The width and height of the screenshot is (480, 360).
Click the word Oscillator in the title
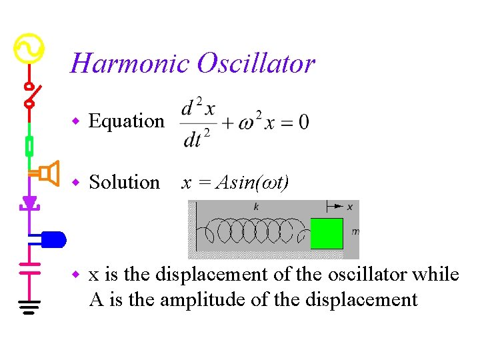(255, 64)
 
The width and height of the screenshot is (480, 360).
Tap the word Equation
(126, 121)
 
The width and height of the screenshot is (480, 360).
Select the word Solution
(125, 182)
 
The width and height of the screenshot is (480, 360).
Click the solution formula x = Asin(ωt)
(235, 182)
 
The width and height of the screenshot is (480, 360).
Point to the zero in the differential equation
(303, 123)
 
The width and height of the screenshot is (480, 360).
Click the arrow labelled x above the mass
(340, 207)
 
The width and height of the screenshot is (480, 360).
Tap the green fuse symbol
(29, 145)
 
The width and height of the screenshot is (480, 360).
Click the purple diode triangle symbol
(29, 202)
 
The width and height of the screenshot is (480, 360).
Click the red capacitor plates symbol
(29, 268)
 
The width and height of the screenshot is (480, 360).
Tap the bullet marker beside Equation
(76, 121)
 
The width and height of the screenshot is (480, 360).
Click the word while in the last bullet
(436, 275)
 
